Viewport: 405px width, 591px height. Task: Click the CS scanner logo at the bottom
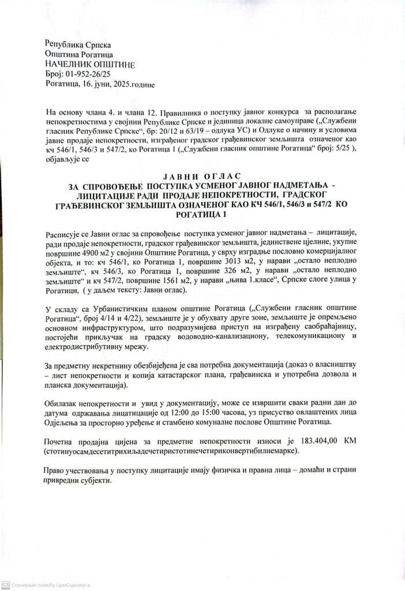(5, 583)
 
